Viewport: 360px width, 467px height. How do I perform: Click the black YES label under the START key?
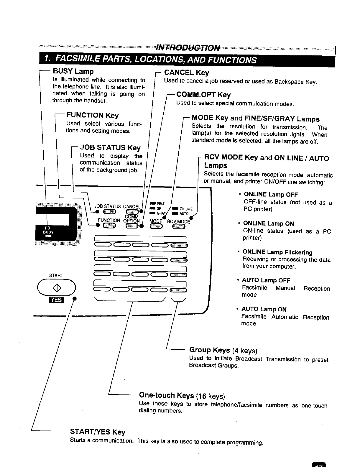[56, 300]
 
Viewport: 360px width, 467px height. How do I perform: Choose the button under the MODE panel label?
[156, 226]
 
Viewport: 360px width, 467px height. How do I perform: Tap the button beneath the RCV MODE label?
[178, 226]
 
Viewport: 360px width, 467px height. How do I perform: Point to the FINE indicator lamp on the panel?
[152, 203]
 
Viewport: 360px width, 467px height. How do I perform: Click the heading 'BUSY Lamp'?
[73, 71]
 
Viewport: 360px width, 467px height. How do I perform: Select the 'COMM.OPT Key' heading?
[203, 95]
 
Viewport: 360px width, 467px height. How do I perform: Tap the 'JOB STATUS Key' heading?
[110, 147]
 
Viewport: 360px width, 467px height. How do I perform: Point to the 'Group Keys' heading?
[209, 350]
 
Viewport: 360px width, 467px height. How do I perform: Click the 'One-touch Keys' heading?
[166, 395]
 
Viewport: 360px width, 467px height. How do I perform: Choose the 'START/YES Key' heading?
[97, 432]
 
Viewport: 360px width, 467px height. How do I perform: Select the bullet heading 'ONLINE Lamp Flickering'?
[277, 252]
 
